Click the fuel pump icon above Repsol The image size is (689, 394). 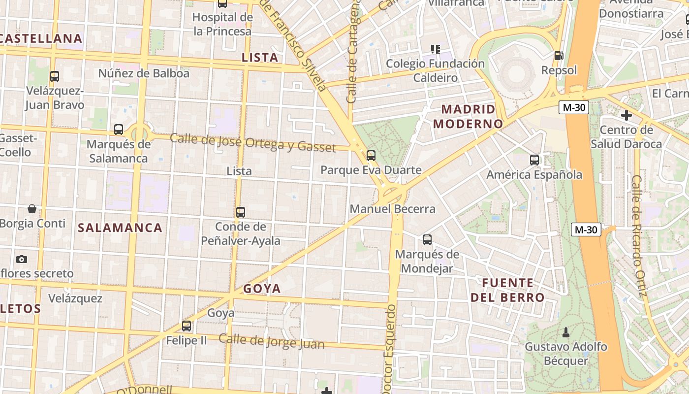(x=559, y=56)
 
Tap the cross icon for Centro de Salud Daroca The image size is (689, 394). (x=626, y=116)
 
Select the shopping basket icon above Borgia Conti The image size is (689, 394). (x=32, y=209)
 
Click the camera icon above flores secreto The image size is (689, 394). (x=21, y=259)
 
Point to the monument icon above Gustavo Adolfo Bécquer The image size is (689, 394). (x=566, y=332)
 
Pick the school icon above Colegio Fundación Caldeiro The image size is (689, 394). (x=435, y=49)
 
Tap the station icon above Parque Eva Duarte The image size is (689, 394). (x=371, y=156)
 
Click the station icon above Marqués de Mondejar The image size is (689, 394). (x=427, y=240)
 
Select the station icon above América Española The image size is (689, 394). (x=534, y=160)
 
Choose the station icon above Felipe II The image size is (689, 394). (x=187, y=326)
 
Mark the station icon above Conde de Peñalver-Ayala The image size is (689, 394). (x=241, y=212)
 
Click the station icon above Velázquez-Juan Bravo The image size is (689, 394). (x=55, y=76)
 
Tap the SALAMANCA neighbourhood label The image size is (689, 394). (x=120, y=228)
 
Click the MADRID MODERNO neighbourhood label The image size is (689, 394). (x=468, y=116)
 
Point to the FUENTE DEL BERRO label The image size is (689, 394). (x=508, y=290)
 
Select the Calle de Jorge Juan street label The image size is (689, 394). (x=272, y=341)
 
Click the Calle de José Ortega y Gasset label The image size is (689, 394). (x=253, y=142)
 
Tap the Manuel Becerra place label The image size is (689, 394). (x=392, y=209)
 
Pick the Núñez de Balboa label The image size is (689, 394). (x=144, y=73)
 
